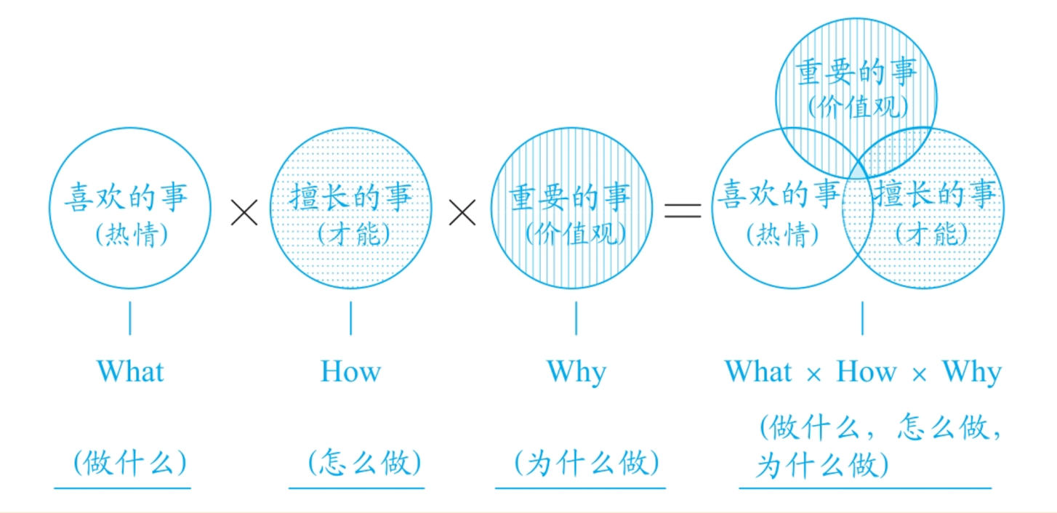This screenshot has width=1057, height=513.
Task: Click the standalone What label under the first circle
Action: (130, 371)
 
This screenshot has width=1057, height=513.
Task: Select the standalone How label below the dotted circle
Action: (350, 371)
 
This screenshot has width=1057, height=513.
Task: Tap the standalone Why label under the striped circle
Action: (576, 372)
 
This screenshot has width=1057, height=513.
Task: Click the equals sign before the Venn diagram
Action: (683, 211)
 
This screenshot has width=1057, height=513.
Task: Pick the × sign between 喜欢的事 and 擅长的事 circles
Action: (244, 212)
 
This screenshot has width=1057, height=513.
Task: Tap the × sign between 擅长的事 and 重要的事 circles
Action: (462, 212)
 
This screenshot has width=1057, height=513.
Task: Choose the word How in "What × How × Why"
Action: (866, 372)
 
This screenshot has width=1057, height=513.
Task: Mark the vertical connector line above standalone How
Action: (350, 318)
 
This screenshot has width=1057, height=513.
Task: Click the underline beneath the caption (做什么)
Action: (122, 488)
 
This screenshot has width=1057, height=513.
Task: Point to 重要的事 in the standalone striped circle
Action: (570, 198)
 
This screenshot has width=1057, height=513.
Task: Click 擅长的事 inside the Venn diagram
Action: (935, 195)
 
